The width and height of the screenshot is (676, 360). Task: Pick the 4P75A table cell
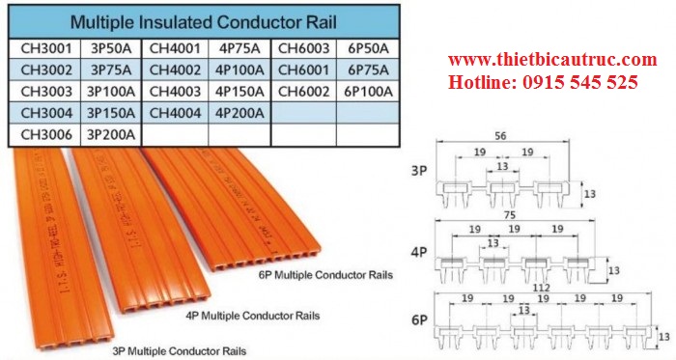(241, 48)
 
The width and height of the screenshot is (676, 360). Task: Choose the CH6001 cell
(304, 69)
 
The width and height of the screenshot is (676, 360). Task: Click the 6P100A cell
(368, 92)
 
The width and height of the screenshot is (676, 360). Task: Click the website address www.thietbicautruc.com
(551, 61)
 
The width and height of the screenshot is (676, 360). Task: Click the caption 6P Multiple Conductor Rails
(326, 275)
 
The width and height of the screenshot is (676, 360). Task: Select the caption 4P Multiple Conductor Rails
(253, 315)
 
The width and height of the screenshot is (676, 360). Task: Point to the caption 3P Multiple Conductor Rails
(181, 349)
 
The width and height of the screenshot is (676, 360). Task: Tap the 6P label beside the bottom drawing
(419, 318)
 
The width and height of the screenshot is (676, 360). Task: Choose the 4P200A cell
(241, 113)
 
